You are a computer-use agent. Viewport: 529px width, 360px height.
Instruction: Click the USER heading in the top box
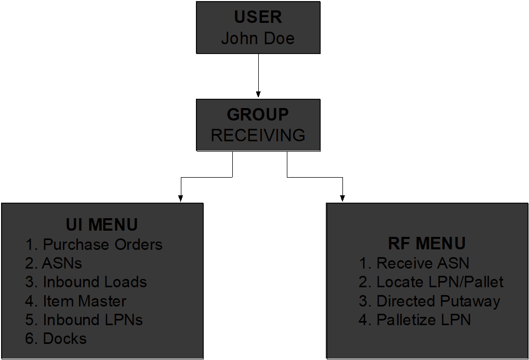tap(258, 17)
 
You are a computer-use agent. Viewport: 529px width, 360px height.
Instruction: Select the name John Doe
tap(258, 38)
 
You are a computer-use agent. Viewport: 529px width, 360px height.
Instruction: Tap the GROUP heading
tap(258, 114)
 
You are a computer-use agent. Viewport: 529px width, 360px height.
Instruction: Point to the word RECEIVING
tap(258, 135)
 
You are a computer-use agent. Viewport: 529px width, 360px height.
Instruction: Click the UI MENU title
tap(102, 224)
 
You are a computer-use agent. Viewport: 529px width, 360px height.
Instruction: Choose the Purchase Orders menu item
tap(102, 244)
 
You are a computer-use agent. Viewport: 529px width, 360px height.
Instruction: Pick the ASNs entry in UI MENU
tap(62, 263)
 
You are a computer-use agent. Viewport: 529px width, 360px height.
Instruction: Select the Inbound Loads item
tap(95, 282)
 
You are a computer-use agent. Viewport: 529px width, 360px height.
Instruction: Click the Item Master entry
tap(84, 301)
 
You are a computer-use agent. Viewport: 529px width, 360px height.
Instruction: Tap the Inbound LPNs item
tap(92, 319)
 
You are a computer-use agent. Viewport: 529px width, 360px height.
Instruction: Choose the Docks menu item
tap(64, 339)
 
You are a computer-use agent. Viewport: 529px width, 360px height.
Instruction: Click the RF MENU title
tap(427, 243)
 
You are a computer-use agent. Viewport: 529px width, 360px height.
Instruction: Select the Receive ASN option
tap(422, 263)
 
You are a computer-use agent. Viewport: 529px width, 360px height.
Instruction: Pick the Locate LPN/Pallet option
tap(440, 282)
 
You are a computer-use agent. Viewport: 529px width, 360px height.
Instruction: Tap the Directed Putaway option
tap(438, 301)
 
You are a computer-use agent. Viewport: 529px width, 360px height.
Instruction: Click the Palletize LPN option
tap(424, 319)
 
